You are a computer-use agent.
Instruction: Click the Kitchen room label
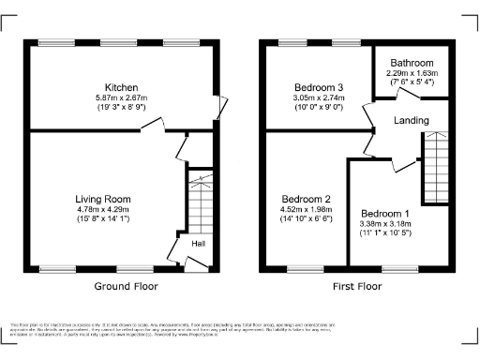coord(122,87)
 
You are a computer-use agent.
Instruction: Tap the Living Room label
coord(103,199)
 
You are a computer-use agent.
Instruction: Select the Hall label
coord(199,245)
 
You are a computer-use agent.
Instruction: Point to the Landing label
coord(411,121)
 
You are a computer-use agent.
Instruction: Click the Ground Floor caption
coord(127,287)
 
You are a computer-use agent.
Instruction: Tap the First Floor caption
coord(357,287)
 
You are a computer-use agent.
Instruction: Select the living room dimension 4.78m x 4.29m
coord(103,209)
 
